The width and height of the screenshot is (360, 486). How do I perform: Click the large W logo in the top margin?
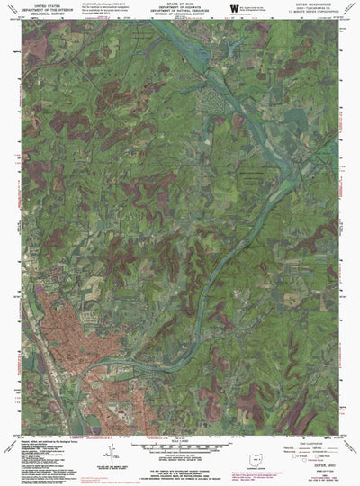point(234,8)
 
